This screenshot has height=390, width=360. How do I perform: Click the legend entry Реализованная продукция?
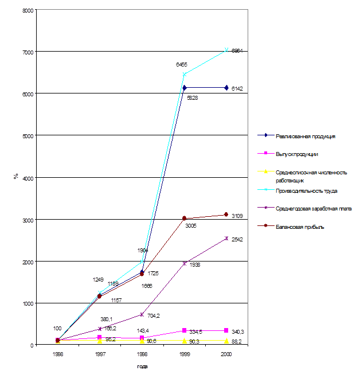(x=305, y=136)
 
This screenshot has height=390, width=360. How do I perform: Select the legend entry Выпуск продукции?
(x=297, y=154)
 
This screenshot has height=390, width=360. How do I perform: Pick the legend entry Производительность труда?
(x=306, y=190)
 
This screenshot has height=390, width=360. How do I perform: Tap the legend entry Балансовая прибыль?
(x=300, y=227)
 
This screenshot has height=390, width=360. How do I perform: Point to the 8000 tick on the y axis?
(x=28, y=10)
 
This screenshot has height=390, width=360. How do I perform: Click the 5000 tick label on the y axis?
(x=28, y=136)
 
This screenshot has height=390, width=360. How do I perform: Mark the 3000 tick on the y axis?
(x=28, y=220)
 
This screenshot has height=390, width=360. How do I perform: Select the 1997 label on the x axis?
(x=100, y=354)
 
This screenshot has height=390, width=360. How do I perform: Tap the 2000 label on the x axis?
(x=226, y=354)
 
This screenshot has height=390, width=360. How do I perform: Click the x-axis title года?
(x=142, y=366)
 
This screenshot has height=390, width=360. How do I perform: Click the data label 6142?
(x=238, y=88)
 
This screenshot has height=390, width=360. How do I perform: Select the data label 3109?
(x=237, y=216)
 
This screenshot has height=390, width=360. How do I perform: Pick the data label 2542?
(x=237, y=240)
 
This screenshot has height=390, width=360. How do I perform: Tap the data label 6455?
(x=181, y=65)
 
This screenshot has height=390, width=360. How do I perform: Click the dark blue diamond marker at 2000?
(x=226, y=88)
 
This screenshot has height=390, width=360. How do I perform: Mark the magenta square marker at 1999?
(x=185, y=330)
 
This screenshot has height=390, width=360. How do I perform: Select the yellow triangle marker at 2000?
(x=226, y=341)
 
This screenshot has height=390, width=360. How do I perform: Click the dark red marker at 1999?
(x=185, y=219)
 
